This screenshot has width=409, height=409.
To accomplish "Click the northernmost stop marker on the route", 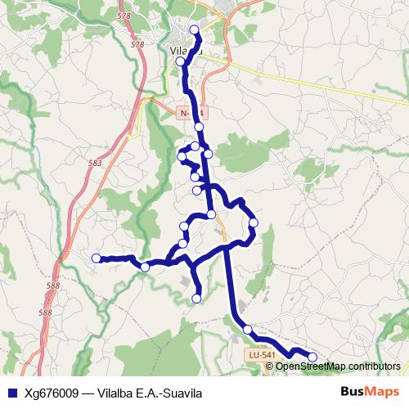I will [x=194, y=30].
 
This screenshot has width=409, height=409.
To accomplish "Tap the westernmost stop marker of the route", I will [x=96, y=258].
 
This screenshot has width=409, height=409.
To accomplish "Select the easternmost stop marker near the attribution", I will [x=312, y=357].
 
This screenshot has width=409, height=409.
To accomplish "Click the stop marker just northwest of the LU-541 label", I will [x=247, y=330].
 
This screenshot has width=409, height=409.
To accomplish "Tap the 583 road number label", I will [x=95, y=164].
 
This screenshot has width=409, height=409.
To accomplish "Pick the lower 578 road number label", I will [x=137, y=44].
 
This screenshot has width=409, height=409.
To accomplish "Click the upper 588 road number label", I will [x=53, y=285].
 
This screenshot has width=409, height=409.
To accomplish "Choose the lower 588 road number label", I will [x=45, y=312].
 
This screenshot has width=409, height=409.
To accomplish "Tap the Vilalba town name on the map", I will [x=186, y=52].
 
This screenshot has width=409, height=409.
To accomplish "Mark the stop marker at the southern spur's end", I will [x=196, y=299].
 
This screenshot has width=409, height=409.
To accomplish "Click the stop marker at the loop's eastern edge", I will [x=254, y=222].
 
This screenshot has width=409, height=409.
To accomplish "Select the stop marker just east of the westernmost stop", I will [x=145, y=267].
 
